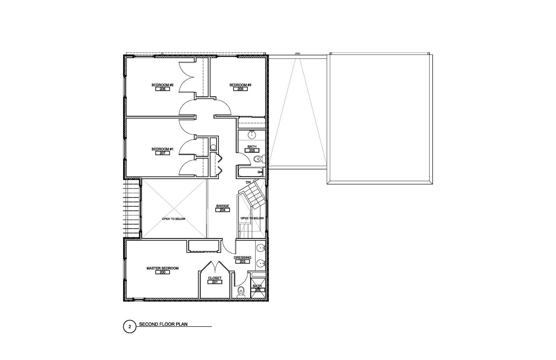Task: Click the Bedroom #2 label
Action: tap(162, 85)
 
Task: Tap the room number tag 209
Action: tap(240, 89)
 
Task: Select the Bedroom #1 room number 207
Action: tap(162, 153)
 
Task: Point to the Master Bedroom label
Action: tap(162, 268)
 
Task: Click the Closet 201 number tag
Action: tap(215, 282)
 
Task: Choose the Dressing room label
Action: tap(242, 258)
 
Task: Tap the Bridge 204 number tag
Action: tap(222, 210)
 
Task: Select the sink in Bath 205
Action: tap(252, 134)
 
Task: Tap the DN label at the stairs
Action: tap(248, 182)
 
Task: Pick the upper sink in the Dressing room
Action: tap(261, 248)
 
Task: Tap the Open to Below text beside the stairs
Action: tap(252, 218)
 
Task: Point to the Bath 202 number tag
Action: tap(257, 290)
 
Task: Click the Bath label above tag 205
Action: tap(252, 147)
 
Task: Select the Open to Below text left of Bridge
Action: tap(174, 219)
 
